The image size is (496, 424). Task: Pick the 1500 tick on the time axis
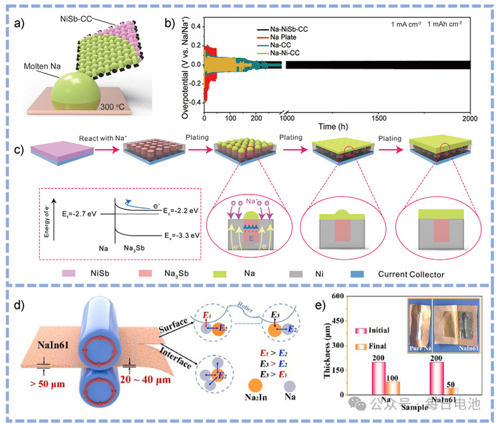377,118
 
